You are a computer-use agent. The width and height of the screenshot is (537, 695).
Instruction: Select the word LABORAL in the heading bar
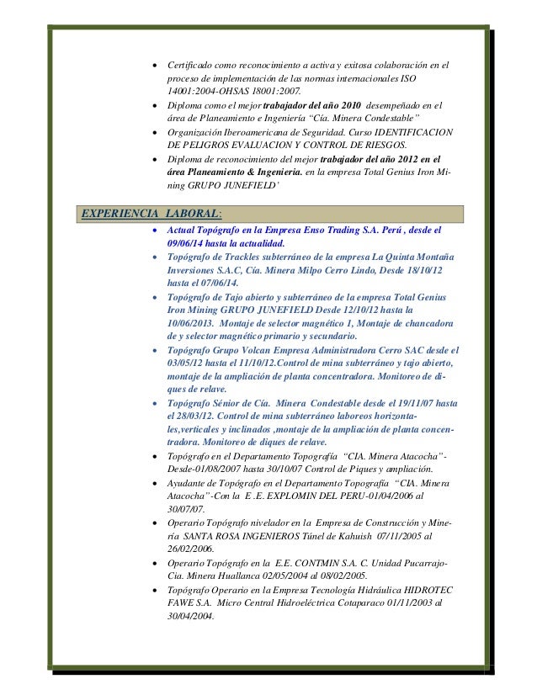point(194,212)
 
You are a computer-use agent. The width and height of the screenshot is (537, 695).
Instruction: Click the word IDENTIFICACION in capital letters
point(414,133)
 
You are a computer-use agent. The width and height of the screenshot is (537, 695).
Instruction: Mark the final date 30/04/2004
point(191,617)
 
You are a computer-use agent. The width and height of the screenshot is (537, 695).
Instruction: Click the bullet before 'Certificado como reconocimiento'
point(152,65)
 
